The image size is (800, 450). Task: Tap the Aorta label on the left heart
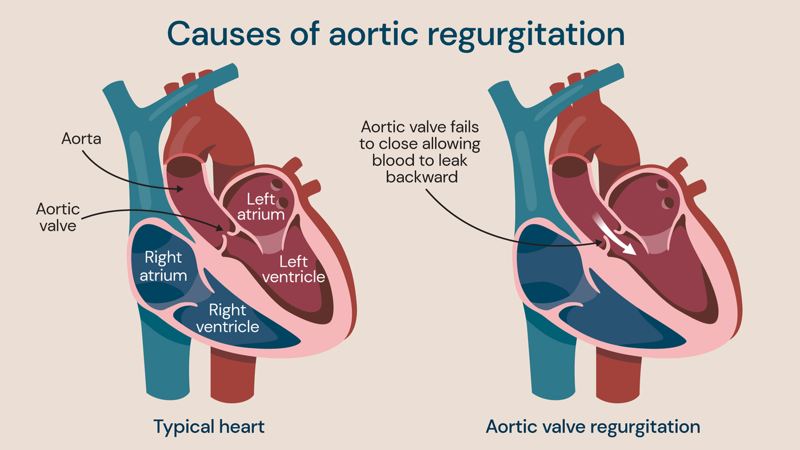[x=81, y=139]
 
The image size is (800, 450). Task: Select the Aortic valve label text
[x=58, y=217]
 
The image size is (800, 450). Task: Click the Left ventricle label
[x=302, y=270]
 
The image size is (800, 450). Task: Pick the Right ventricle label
[x=227, y=319]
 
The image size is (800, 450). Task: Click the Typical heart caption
[x=209, y=427]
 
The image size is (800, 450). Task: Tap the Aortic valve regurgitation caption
[x=593, y=427]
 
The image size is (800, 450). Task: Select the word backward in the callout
[x=422, y=177]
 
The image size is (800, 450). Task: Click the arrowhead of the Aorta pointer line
[x=181, y=188]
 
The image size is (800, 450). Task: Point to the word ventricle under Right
[x=227, y=327]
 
